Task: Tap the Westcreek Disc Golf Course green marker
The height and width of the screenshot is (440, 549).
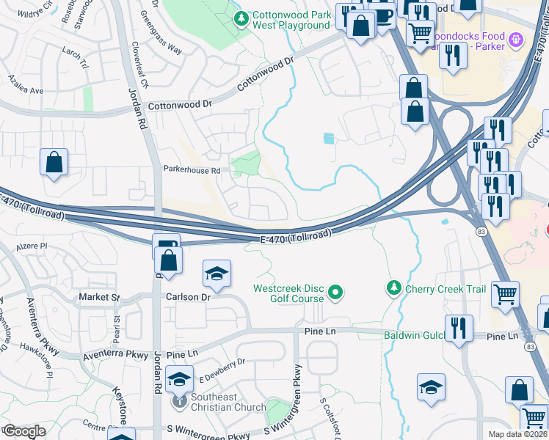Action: (336, 293)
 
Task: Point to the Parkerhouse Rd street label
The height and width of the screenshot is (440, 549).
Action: (192, 170)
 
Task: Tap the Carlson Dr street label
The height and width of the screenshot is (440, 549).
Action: (188, 297)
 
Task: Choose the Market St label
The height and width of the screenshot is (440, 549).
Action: (99, 297)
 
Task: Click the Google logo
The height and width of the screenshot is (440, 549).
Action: (24, 431)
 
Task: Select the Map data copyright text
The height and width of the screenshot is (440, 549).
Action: (518, 434)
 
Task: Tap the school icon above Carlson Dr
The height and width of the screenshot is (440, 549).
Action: (217, 274)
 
